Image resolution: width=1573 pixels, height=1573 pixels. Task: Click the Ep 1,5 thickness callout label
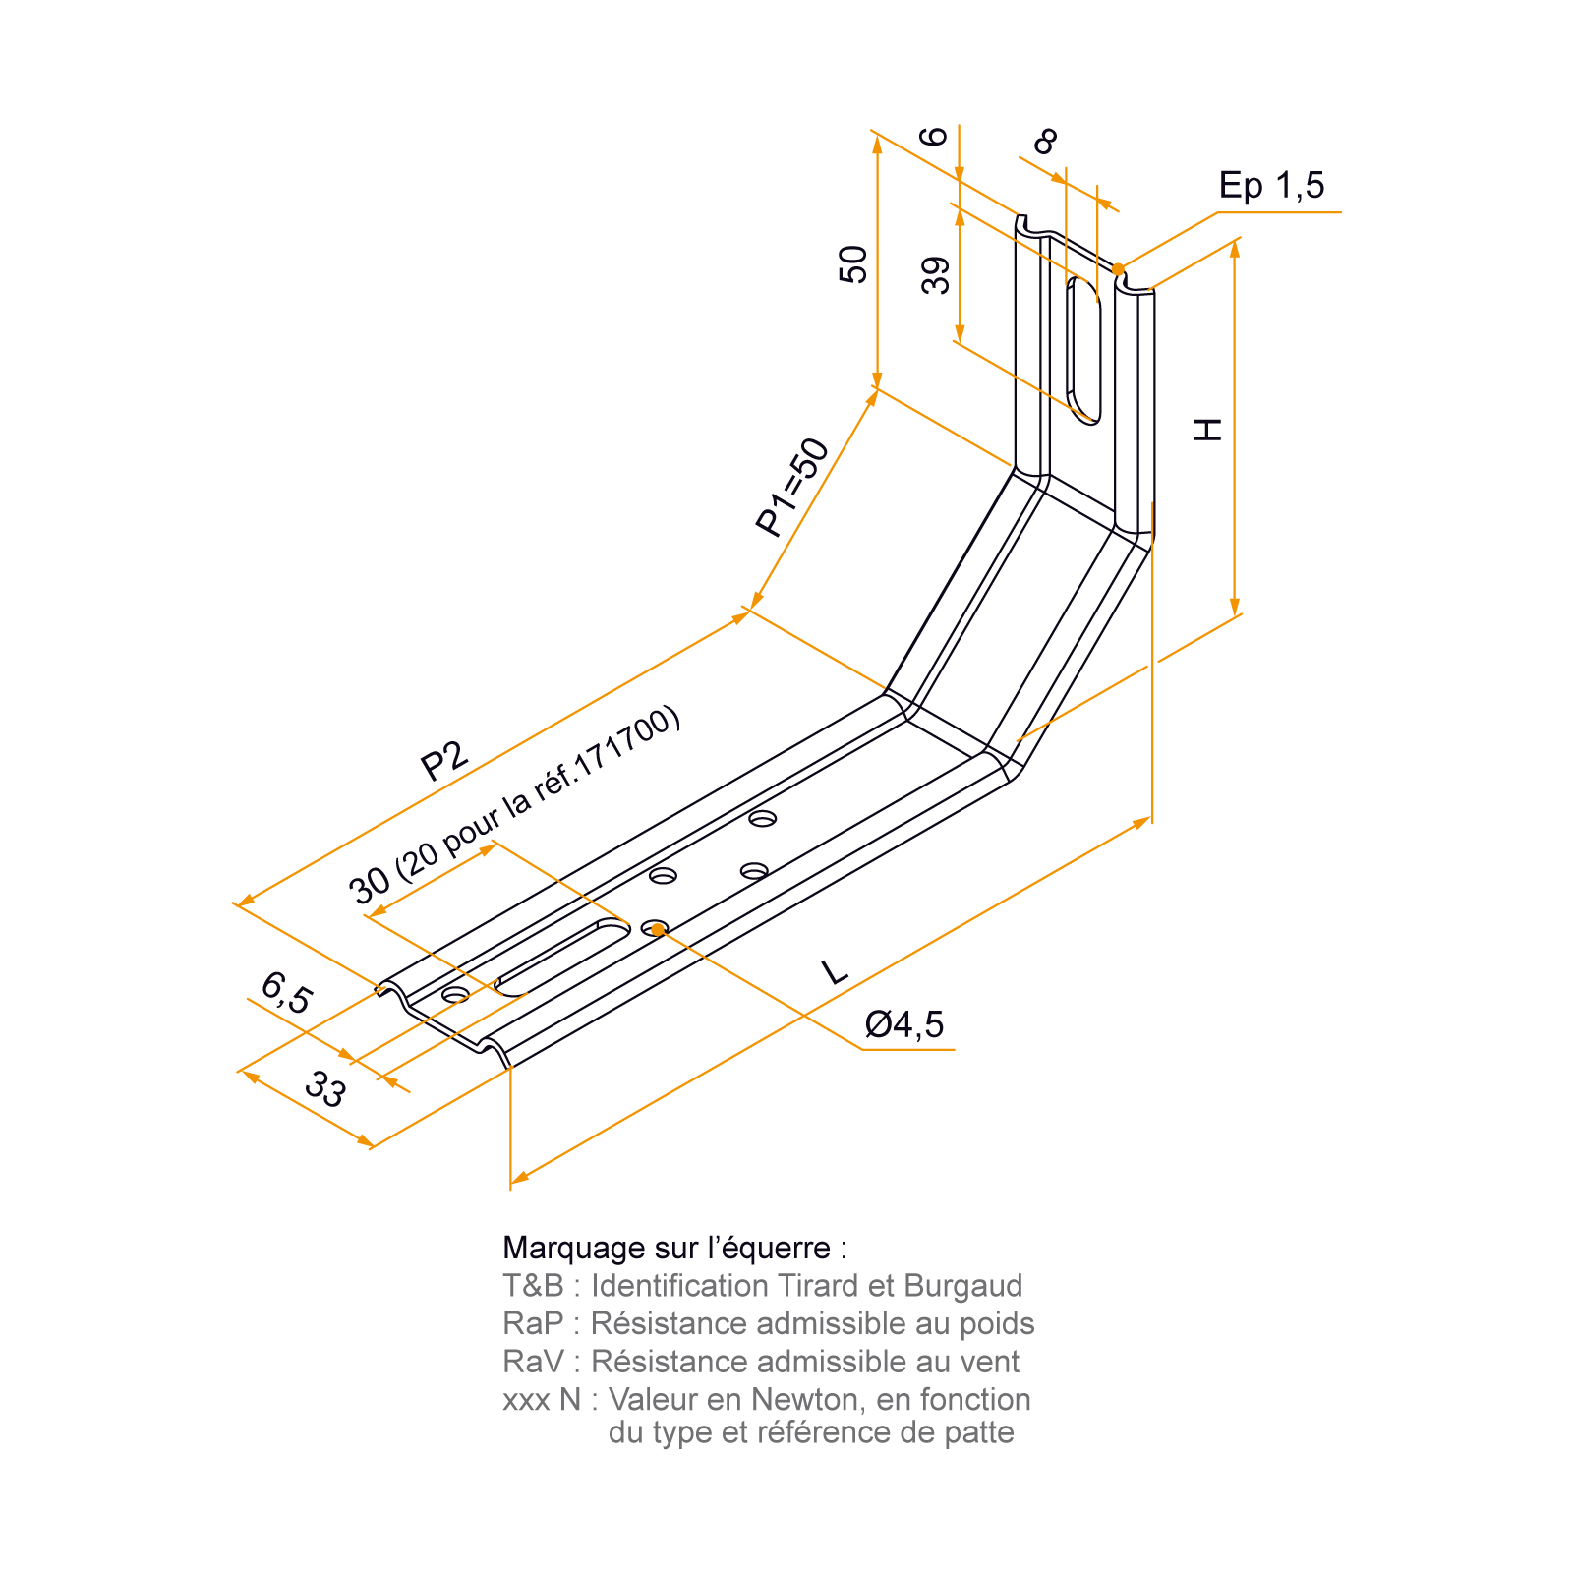pos(1271,185)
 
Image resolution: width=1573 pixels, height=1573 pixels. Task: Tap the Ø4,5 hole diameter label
pos(903,1024)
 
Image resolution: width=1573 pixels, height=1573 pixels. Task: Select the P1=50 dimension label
pos(792,488)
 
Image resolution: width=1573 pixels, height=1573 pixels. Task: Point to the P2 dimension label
pos(444,760)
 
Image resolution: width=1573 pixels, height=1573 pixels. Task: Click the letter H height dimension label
pos(1208,429)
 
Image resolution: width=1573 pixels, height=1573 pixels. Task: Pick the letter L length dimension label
pos(835,972)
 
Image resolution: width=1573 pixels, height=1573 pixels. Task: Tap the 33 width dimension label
pos(325,1089)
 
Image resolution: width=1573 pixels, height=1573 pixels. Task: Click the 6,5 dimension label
pos(286,993)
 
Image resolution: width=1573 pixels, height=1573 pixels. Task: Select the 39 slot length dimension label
pos(936,275)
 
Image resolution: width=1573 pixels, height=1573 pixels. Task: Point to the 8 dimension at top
pos(1046,142)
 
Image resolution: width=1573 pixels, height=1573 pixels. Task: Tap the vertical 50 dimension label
pos(853,264)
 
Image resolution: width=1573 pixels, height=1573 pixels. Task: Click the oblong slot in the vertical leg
pos(1083,350)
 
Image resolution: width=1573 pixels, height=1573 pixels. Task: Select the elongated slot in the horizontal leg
pos(562,958)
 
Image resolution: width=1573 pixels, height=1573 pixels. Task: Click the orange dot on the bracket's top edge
pos(1118,269)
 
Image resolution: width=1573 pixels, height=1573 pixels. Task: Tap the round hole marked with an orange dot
pos(656,928)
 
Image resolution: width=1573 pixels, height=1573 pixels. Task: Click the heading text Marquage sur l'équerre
pos(674,1249)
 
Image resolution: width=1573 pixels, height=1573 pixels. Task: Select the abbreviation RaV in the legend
pos(534,1362)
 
